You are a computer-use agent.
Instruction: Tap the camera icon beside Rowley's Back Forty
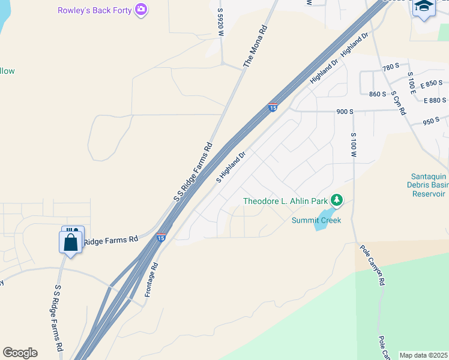click(x=141, y=10)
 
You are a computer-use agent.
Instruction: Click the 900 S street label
click(x=345, y=112)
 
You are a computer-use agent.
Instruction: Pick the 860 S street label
click(x=378, y=94)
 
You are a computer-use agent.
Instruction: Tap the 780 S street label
click(x=391, y=67)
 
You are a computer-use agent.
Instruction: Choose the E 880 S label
click(x=435, y=100)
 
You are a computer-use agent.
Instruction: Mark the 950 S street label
click(x=431, y=121)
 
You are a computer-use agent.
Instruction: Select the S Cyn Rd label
click(x=399, y=103)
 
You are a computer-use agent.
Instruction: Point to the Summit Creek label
click(x=316, y=220)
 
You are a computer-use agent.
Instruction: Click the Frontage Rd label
click(x=151, y=280)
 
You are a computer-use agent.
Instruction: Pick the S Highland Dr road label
click(x=231, y=167)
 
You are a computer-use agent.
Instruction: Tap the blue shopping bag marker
click(x=71, y=243)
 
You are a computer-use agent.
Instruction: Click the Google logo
click(x=20, y=353)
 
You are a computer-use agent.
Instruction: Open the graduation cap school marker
click(x=424, y=7)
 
